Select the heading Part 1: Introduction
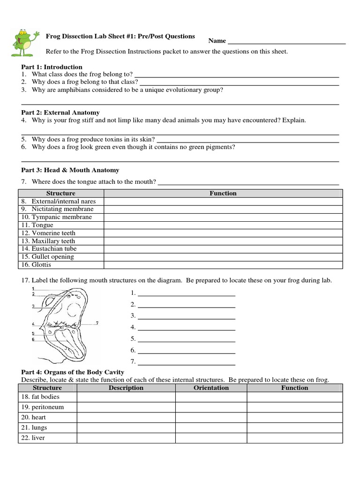click(x=52, y=67)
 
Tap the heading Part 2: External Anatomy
click(x=60, y=112)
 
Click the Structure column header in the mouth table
click(x=60, y=193)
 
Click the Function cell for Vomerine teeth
click(x=223, y=233)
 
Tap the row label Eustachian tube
click(x=54, y=249)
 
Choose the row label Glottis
click(x=41, y=265)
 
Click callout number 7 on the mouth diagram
click(x=97, y=323)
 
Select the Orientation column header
click(x=211, y=388)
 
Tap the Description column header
click(x=126, y=388)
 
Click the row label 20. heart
click(x=38, y=417)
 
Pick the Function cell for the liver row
click(x=294, y=438)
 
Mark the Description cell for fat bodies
click(x=126, y=397)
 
